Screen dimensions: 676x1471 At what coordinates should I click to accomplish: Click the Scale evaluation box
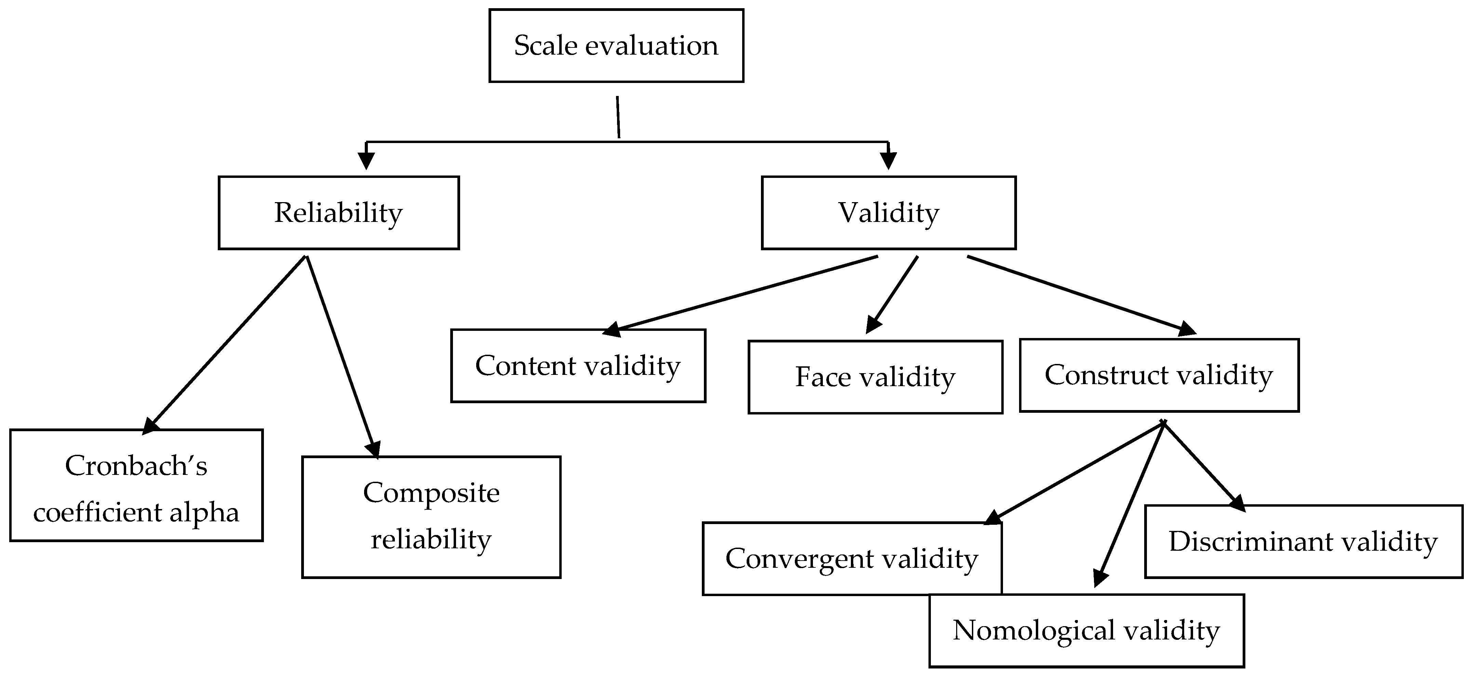(x=616, y=46)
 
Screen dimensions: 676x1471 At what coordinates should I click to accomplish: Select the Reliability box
(x=339, y=213)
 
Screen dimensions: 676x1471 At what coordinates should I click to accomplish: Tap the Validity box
(x=888, y=213)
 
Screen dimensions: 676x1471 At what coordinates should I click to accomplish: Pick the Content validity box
(x=578, y=366)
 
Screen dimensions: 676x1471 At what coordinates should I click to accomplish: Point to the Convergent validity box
(x=852, y=559)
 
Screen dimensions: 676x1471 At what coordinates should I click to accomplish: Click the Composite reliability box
(x=431, y=517)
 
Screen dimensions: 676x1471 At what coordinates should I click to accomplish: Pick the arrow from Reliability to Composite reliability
(x=342, y=356)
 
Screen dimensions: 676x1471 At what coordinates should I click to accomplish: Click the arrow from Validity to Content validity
(x=743, y=294)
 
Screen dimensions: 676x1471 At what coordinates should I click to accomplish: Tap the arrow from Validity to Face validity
(x=893, y=294)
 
